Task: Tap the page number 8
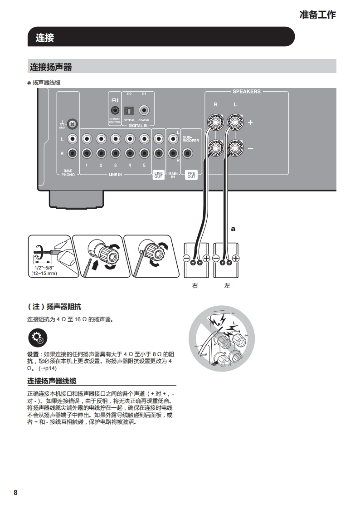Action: click(x=15, y=493)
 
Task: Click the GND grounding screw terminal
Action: click(x=71, y=123)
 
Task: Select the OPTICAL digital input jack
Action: click(x=129, y=110)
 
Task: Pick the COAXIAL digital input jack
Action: click(x=144, y=110)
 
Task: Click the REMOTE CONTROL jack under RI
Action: click(x=115, y=110)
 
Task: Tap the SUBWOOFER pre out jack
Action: click(x=191, y=153)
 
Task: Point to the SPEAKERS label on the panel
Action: click(x=247, y=91)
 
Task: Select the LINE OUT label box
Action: click(x=158, y=175)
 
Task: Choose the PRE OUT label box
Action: click(x=191, y=175)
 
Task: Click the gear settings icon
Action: click(x=37, y=338)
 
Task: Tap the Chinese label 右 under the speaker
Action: click(x=195, y=286)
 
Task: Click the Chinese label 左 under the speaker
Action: click(x=227, y=286)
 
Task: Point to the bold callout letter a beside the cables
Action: click(x=233, y=229)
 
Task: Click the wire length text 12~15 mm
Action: click(x=44, y=273)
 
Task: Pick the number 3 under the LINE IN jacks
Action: click(x=115, y=165)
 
